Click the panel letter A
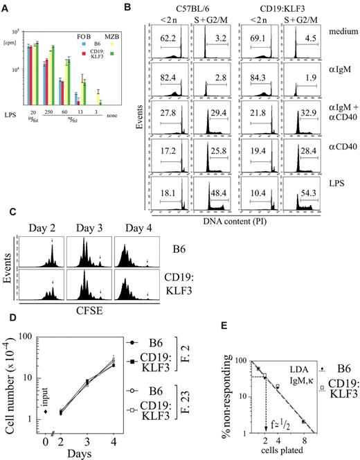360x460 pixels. (x=7, y=8)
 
